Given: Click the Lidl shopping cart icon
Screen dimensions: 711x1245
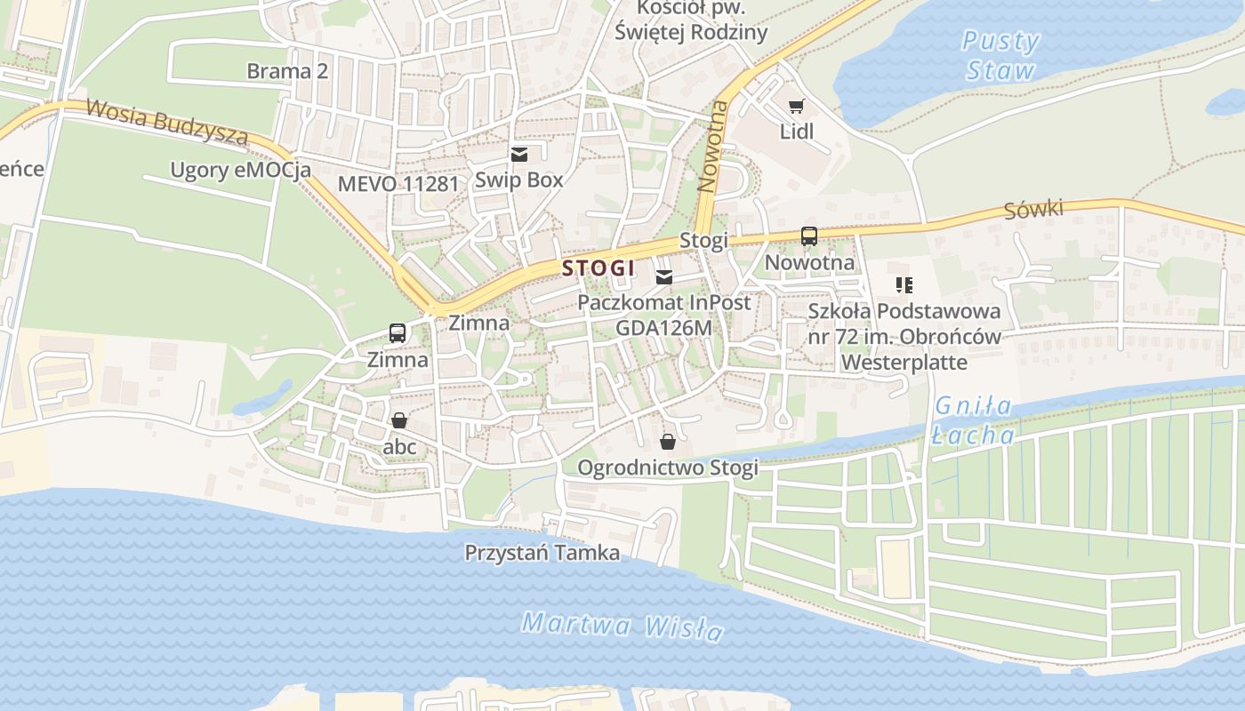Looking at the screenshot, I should click(x=796, y=107).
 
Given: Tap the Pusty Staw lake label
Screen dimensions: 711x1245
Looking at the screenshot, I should click(x=1000, y=55).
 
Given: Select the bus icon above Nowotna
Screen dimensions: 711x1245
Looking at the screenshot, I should click(x=808, y=236).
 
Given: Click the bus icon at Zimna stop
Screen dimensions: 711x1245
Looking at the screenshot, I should click(x=398, y=333).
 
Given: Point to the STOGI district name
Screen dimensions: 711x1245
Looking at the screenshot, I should click(x=598, y=268).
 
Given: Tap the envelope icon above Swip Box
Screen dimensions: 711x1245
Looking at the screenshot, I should click(x=519, y=155).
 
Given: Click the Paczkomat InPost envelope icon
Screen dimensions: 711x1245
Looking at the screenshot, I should click(x=663, y=277).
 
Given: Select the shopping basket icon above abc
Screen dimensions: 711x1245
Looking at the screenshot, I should click(x=399, y=420).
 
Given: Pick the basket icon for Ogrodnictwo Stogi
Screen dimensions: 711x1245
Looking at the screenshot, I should click(x=667, y=442).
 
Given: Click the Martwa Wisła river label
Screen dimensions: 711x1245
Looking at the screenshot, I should click(x=622, y=627).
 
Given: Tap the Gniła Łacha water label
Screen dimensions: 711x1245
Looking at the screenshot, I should click(x=974, y=420).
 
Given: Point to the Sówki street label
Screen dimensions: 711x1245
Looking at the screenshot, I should click(x=1033, y=210).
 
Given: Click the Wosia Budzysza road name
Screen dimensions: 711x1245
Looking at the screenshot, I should click(x=167, y=121).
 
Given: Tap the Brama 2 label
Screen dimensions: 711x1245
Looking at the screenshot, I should click(x=287, y=71).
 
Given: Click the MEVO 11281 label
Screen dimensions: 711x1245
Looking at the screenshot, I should click(x=398, y=184).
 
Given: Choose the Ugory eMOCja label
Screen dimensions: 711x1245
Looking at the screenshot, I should click(x=241, y=170).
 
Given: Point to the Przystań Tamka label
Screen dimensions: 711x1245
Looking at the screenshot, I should click(x=542, y=553).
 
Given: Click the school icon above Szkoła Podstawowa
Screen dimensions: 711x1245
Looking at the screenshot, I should click(x=904, y=285).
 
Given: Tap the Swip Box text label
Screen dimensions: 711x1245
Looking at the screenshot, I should click(x=518, y=180).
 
